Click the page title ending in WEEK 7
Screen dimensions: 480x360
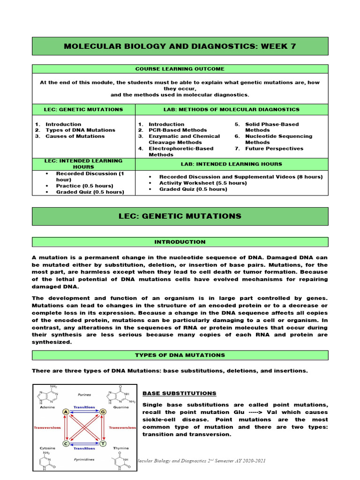[x=180, y=46]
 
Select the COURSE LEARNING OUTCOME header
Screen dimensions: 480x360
[x=180, y=69]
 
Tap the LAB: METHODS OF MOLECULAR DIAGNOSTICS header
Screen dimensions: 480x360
[x=231, y=109]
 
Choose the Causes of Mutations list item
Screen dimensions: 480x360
[x=75, y=136]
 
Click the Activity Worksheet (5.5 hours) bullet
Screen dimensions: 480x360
[x=202, y=183]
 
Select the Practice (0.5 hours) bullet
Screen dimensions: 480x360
[x=84, y=186]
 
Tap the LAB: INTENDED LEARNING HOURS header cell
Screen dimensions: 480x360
[x=231, y=164]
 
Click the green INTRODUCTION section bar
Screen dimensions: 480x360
[x=180, y=242]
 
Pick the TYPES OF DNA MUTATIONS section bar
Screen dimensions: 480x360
[x=180, y=355]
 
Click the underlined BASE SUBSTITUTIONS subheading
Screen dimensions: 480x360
[x=179, y=393]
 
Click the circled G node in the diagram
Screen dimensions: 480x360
[x=103, y=412]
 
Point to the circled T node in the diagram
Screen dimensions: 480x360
[x=103, y=443]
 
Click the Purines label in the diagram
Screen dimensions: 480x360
[x=84, y=395]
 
